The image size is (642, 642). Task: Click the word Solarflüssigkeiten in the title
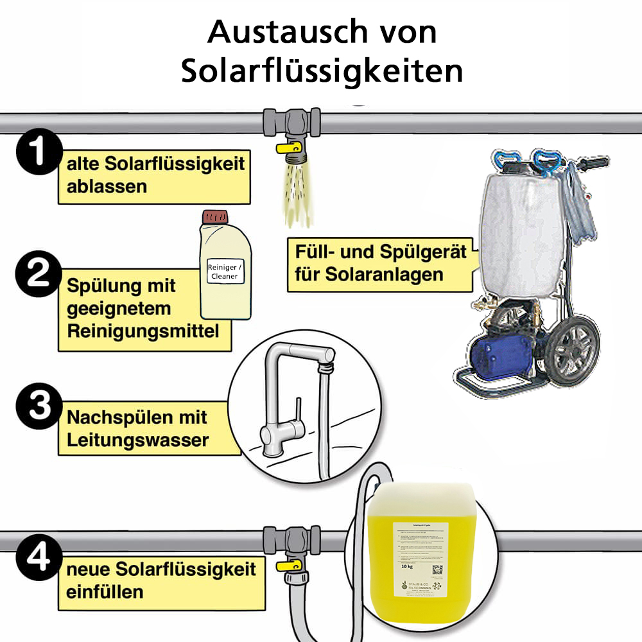(322, 71)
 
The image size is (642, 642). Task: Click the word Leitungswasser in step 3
(137, 440)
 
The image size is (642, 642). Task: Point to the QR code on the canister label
(437, 569)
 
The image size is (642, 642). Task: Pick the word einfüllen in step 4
(104, 591)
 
